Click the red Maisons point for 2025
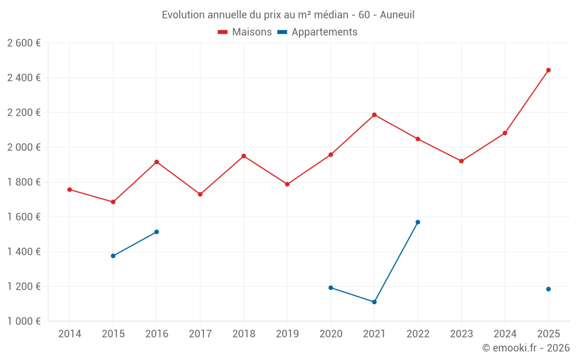coord(548,70)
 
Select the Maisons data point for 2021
coord(374,115)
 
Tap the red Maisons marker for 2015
coord(113,202)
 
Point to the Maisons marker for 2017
coord(200,194)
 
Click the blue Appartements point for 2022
coord(418,222)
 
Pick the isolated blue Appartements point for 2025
coord(548,289)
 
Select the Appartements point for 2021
coord(374,302)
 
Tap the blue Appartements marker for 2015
coord(113,256)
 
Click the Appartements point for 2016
coord(157,232)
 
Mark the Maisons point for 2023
coord(461,161)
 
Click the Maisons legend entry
coord(245,32)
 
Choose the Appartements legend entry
coord(317,32)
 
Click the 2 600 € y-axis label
coord(24,43)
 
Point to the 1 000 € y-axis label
coord(24,321)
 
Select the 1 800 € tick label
coord(24,182)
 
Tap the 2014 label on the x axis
coord(70,334)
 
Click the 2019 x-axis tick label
coord(287,334)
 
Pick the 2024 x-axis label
coord(505,334)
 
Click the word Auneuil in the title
coord(396,15)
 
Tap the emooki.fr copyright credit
coord(526,348)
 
